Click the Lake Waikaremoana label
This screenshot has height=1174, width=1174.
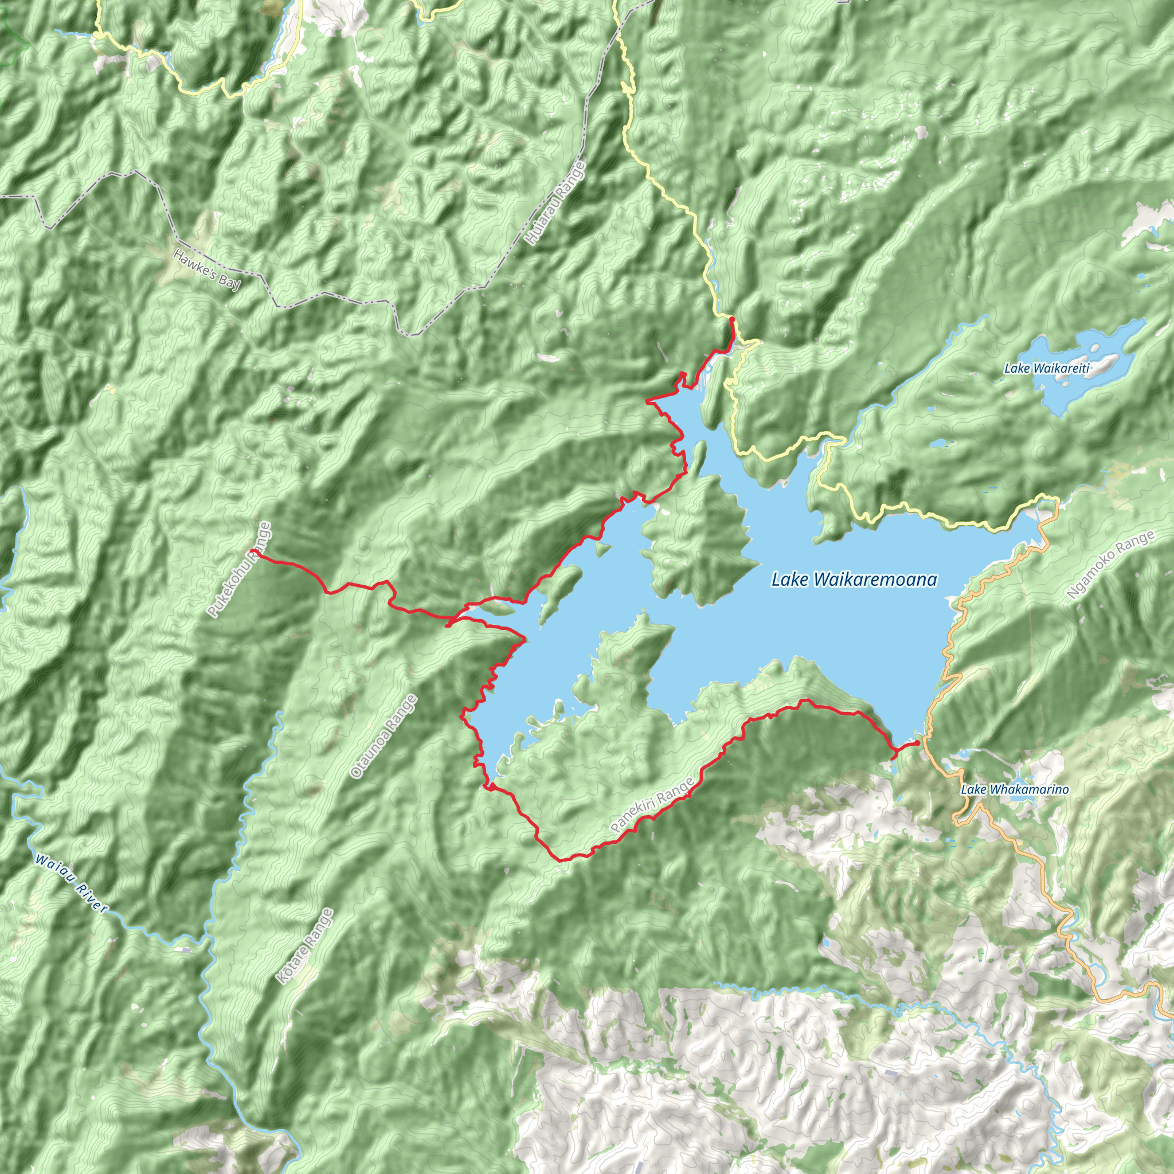pyautogui.click(x=854, y=580)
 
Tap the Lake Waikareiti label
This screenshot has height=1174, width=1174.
pyautogui.click(x=1046, y=368)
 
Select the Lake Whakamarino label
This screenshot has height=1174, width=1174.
pyautogui.click(x=1014, y=790)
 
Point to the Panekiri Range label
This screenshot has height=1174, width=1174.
pyautogui.click(x=652, y=806)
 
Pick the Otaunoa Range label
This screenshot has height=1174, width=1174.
pyautogui.click(x=384, y=737)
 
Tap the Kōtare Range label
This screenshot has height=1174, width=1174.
pyautogui.click(x=304, y=946)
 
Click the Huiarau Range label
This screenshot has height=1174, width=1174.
pyautogui.click(x=555, y=203)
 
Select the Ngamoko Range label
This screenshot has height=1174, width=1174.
pyautogui.click(x=1111, y=565)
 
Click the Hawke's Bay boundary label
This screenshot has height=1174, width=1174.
pyautogui.click(x=206, y=270)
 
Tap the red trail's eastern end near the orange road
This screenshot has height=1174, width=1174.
pyautogui.click(x=917, y=742)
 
